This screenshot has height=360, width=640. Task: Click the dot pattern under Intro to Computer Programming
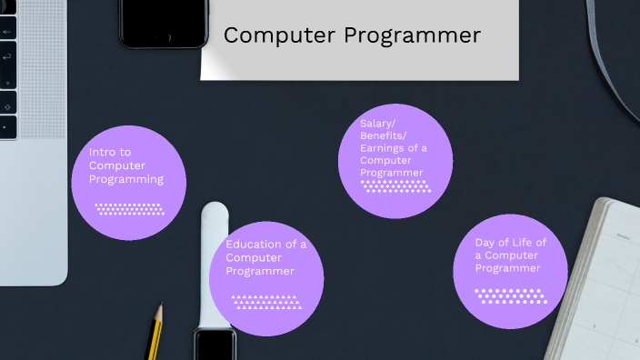(128, 209)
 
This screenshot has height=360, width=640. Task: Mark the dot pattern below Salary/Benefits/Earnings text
(395, 186)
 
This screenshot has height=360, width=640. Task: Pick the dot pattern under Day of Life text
(509, 295)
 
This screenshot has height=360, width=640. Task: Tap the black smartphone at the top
(164, 23)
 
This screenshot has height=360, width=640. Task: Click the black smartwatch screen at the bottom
(215, 346)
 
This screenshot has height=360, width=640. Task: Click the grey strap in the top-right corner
(610, 45)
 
